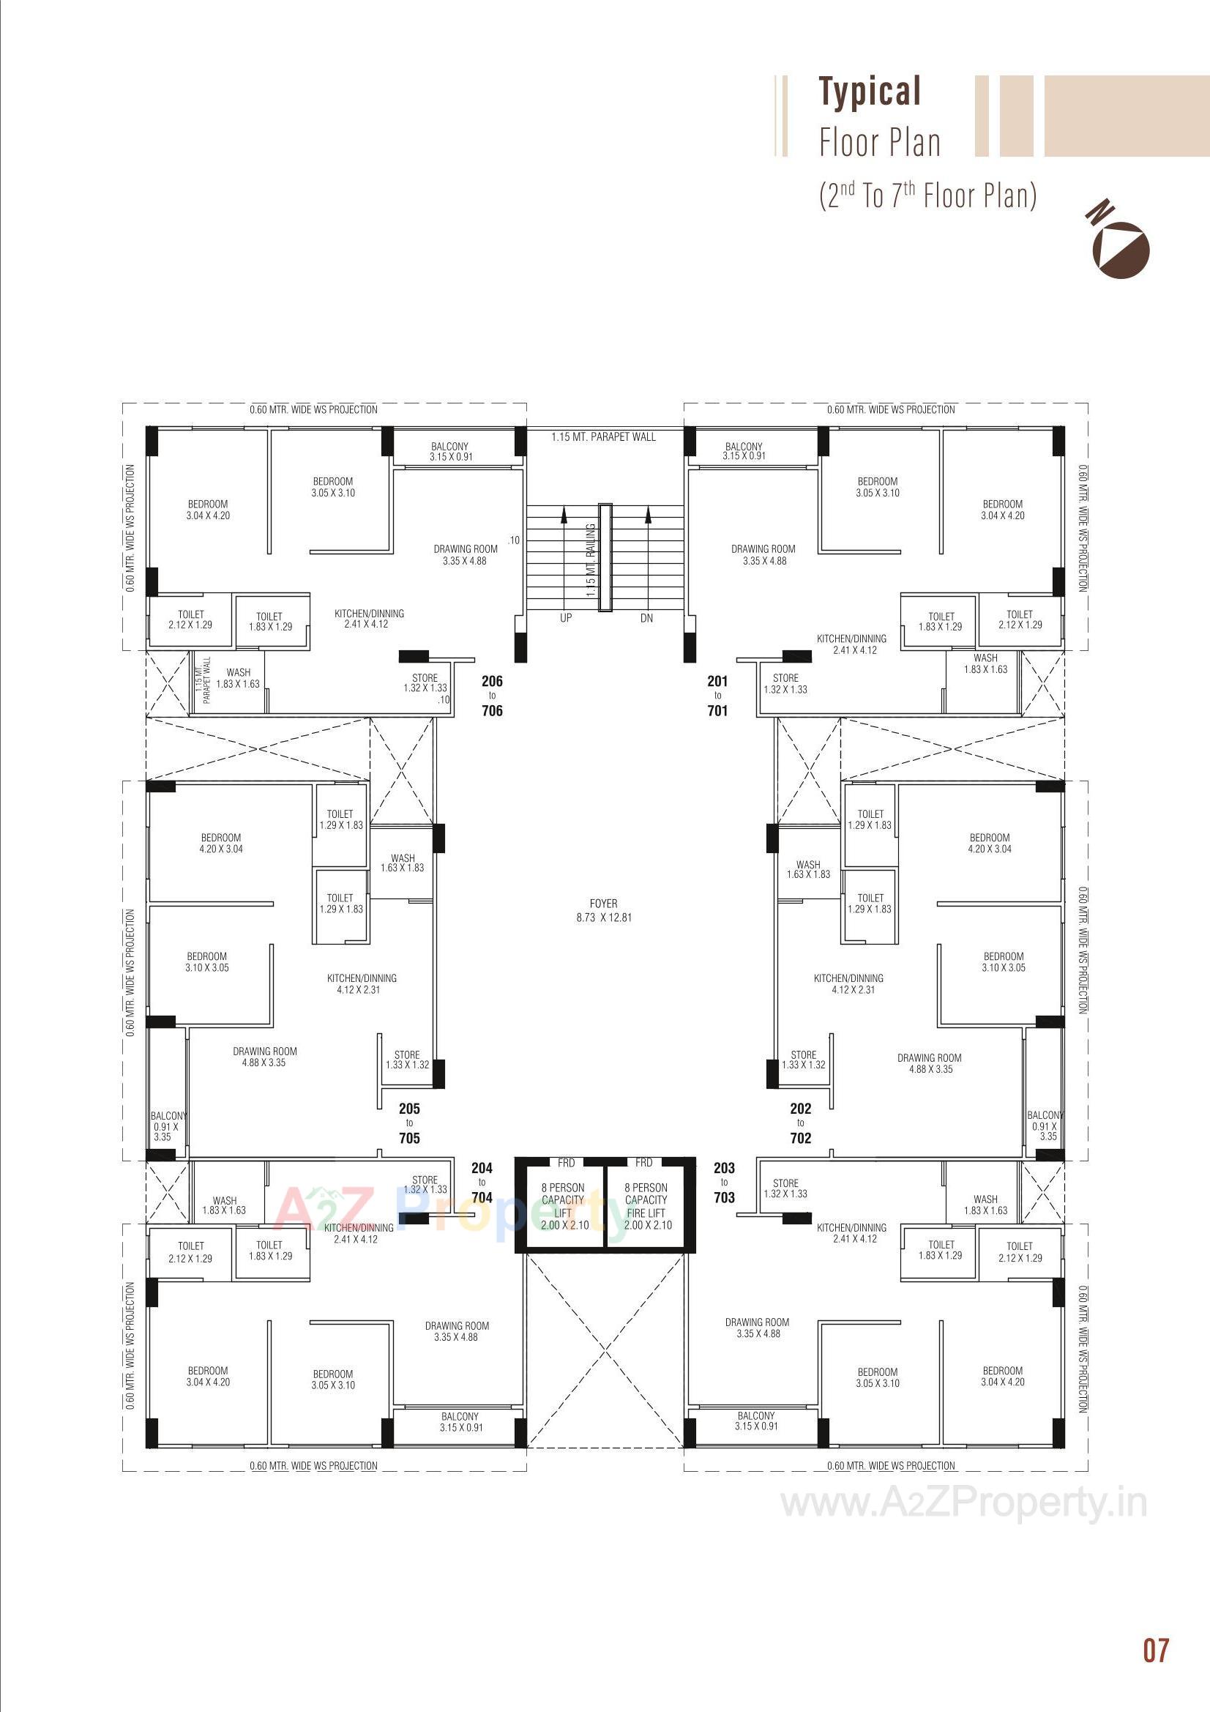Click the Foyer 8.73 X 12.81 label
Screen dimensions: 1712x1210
[603, 910]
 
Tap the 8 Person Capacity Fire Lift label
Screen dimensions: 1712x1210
[647, 1206]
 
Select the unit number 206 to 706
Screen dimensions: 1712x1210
[492, 695]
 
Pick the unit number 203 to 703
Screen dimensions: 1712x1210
[724, 1182]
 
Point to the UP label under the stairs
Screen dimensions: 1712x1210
[566, 618]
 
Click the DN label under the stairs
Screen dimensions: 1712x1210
[646, 618]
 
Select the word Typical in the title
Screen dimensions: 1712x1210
[870, 91]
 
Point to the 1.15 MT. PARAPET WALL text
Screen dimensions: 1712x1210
[603, 437]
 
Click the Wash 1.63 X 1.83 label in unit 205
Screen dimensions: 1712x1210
[402, 863]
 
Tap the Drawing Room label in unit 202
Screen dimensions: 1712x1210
[930, 1062]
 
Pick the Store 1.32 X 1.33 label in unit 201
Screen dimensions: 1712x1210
[785, 683]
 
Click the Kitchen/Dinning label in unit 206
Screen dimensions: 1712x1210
[368, 618]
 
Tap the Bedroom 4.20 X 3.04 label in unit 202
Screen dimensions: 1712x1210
[990, 843]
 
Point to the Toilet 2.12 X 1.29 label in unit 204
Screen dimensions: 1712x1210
[190, 1251]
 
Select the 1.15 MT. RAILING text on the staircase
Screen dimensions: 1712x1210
[591, 560]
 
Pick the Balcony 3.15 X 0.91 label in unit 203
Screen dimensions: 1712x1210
[756, 1421]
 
